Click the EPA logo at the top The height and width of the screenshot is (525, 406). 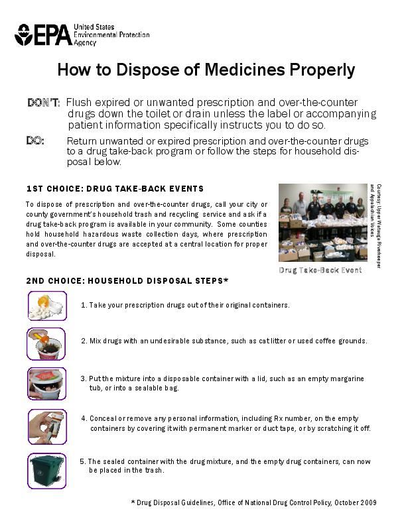44,34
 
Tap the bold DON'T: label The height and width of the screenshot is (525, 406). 44,103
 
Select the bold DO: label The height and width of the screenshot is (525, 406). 35,141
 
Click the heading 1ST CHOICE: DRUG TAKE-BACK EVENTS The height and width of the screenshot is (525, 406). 115,189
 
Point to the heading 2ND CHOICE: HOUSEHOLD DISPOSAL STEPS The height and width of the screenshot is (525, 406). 127,280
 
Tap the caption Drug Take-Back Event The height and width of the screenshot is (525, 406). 320,270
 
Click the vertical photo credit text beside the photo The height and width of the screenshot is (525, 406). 375,222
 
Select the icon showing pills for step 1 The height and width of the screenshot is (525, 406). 47,306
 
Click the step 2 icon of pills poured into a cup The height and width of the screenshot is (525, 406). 47,343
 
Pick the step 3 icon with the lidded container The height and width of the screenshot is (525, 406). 47,384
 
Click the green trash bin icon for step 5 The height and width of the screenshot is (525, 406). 47,469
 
